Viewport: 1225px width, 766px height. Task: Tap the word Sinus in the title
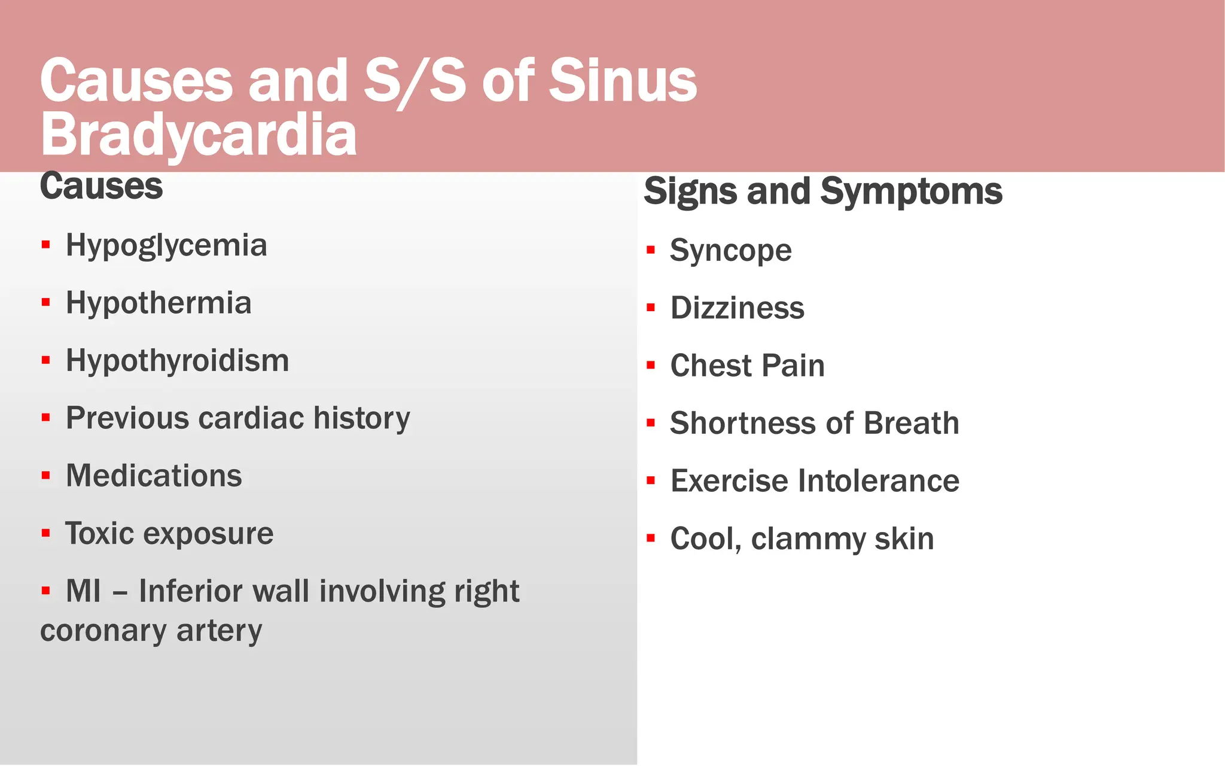tap(623, 81)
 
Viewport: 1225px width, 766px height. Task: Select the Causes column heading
tap(101, 186)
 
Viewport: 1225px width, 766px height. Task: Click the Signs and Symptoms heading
tap(823, 191)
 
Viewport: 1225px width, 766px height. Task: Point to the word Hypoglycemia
tap(166, 246)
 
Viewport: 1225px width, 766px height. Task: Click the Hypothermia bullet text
tap(159, 303)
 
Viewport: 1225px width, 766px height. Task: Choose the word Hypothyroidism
tap(177, 361)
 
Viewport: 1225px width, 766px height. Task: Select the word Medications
tap(154, 476)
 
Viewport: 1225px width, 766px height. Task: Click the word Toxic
tap(99, 533)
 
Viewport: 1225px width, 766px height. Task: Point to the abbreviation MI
tap(83, 591)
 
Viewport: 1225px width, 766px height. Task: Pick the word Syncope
tap(730, 251)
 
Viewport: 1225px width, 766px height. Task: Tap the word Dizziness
tap(737, 308)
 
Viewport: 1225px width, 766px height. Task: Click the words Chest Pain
tap(747, 366)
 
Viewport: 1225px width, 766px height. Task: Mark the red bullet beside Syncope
tap(651, 250)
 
